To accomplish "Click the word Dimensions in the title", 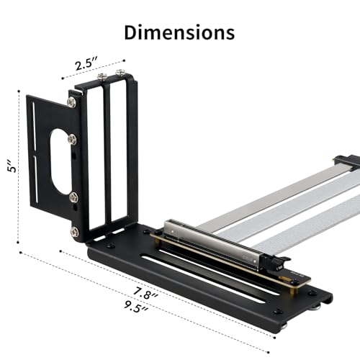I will tap(179, 32).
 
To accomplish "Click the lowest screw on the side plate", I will tap(74, 232).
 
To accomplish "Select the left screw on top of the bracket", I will tap(102, 75).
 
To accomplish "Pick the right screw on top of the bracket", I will tap(120, 73).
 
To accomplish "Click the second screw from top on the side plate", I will tap(73, 141).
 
